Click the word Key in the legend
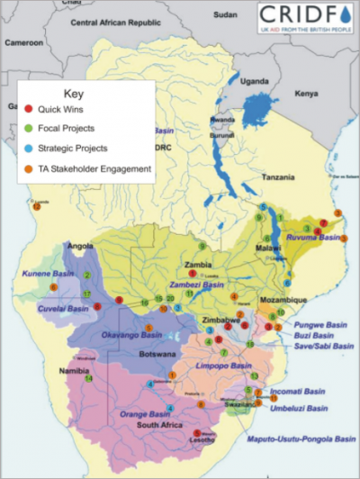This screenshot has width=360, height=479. pyautogui.click(x=74, y=93)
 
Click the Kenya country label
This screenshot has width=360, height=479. pyautogui.click(x=307, y=94)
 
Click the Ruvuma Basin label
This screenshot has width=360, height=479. pyautogui.click(x=313, y=238)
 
